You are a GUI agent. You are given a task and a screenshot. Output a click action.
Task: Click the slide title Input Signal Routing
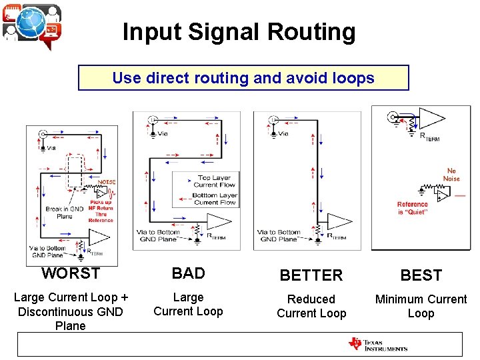pyautogui.click(x=239, y=32)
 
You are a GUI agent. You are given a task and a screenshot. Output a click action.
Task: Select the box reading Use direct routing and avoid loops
pyautogui.click(x=243, y=78)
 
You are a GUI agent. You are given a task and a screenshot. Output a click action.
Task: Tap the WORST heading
pyautogui.click(x=71, y=273)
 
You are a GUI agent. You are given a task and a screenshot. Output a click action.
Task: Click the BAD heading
pyautogui.click(x=188, y=273)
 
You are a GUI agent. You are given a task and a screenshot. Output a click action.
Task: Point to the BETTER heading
pyautogui.click(x=311, y=275)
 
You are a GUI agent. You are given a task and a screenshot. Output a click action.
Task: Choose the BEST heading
pyautogui.click(x=421, y=275)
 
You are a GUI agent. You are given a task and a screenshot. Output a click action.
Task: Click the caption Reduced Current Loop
pyautogui.click(x=311, y=306)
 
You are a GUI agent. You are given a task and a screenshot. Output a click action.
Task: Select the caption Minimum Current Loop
pyautogui.click(x=421, y=306)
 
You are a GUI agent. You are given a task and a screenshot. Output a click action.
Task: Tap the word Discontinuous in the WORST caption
pyautogui.click(x=71, y=312)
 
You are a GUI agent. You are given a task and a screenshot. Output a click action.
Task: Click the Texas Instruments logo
pyautogui.click(x=377, y=345)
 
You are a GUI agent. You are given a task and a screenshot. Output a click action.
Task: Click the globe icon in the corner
pyautogui.click(x=32, y=24)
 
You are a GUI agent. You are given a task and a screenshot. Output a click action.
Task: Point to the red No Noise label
pyautogui.click(x=451, y=175)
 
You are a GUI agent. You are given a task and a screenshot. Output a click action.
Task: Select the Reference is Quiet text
pyautogui.click(x=413, y=208)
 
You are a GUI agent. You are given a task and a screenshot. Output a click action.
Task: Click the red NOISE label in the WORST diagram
pyautogui.click(x=107, y=181)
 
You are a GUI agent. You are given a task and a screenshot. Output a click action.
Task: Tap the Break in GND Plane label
pyautogui.click(x=64, y=212)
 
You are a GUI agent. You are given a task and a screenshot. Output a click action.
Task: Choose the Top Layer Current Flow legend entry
pyautogui.click(x=215, y=181)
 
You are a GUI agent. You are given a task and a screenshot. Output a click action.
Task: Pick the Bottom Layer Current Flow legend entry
pyautogui.click(x=215, y=199)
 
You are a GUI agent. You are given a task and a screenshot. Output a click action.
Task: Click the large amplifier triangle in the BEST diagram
pyautogui.click(x=430, y=120)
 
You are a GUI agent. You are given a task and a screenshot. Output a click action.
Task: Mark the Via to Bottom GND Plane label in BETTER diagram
pyautogui.click(x=279, y=235)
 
